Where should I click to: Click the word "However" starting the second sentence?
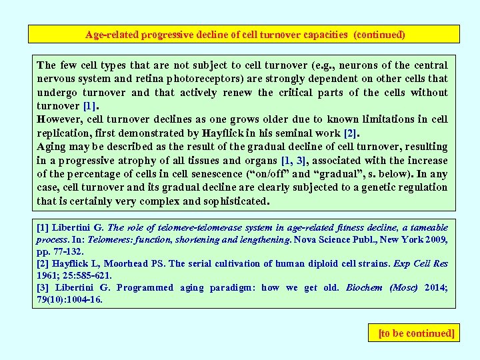59,119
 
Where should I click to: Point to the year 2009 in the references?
436,239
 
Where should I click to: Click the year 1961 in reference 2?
47,275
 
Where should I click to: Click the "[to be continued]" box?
416,332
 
